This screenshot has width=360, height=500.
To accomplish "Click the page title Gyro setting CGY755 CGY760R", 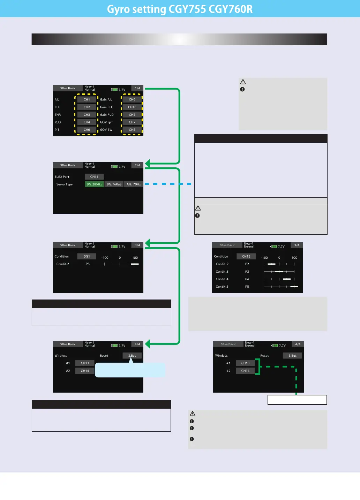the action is coord(180,9).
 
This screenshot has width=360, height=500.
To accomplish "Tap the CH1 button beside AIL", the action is coord(87,100).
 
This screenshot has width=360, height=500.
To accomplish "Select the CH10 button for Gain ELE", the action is coord(132,107).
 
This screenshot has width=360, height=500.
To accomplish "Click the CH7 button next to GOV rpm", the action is coord(132,122).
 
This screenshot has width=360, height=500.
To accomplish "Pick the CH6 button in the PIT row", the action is coord(87,130).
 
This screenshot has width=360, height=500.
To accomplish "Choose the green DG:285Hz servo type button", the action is coord(94,184).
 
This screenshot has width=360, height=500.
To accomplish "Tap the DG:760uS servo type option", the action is coord(114,184).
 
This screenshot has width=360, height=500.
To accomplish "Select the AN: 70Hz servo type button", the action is coord(134,184).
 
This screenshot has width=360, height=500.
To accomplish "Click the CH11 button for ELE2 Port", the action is coord(94,177).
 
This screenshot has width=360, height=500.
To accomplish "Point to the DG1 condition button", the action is coord(87,257).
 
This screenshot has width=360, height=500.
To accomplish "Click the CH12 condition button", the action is coord(246,257).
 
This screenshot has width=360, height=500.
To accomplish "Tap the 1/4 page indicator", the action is coord(137,89).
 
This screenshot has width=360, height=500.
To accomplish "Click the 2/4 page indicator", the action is coord(137,166).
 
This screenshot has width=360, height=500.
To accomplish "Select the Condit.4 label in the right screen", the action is coord(222,279).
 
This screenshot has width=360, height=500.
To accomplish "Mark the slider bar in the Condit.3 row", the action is coord(279,272).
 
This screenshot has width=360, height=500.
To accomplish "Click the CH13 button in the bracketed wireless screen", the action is coord(246,363).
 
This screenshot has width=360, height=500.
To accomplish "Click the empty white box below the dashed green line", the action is coord(297,400).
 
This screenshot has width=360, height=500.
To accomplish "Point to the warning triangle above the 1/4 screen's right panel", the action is coord(243,82).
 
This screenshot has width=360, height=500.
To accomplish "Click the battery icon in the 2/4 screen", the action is coord(114,167).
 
